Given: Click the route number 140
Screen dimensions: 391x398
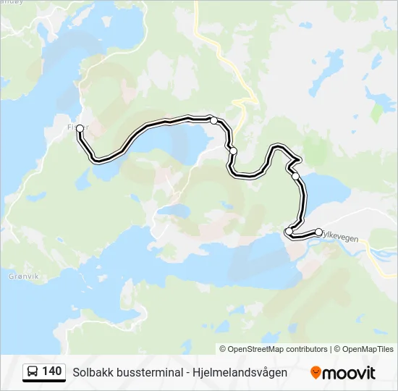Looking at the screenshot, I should (x=52, y=371).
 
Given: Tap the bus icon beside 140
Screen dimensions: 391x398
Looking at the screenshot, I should (x=33, y=372).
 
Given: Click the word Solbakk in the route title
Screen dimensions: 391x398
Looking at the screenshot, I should (x=91, y=372).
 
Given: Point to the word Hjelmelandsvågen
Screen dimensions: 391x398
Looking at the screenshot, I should (x=240, y=372).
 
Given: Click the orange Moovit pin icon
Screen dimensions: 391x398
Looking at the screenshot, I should (x=316, y=372).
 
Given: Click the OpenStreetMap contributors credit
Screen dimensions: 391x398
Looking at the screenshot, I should (x=278, y=349).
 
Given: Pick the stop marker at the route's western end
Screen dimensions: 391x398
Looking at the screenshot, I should (x=80, y=128).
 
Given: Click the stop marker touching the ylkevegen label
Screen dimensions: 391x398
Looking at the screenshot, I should (x=319, y=232).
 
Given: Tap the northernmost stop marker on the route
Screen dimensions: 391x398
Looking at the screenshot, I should (x=213, y=120).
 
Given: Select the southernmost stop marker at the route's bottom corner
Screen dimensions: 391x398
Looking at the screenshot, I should (x=289, y=232).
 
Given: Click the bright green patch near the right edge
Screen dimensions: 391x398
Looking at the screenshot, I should (x=376, y=113).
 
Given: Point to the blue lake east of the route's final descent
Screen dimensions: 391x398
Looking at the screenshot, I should (x=329, y=190).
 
